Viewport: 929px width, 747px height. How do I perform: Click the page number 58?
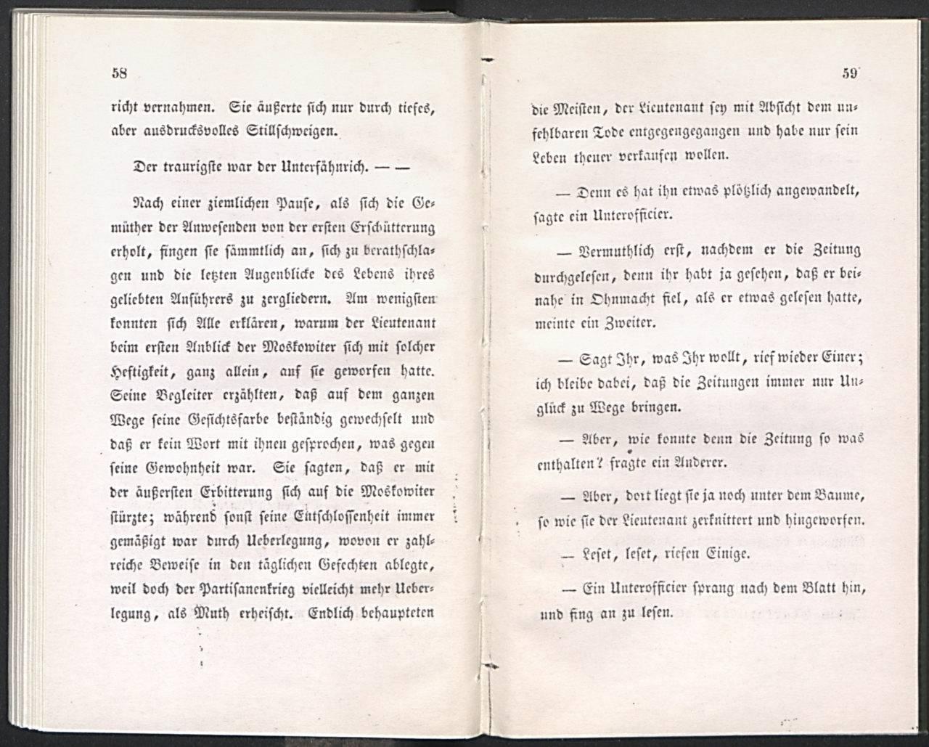(120, 72)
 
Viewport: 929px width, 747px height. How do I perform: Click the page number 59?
(850, 72)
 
